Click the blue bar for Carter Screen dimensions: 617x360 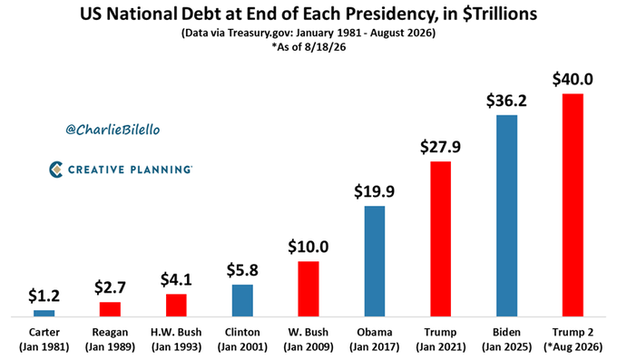click(x=44, y=313)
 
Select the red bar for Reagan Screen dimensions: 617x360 click(x=110, y=309)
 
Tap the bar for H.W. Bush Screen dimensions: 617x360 click(x=176, y=305)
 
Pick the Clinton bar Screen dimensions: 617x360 click(x=242, y=300)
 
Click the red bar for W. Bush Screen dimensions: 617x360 click(x=308, y=288)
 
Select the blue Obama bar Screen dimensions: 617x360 click(x=375, y=261)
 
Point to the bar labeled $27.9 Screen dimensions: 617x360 click(x=441, y=238)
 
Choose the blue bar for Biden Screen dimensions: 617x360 click(x=507, y=216)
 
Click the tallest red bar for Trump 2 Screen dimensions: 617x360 click(x=573, y=205)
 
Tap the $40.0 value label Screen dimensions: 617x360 click(x=573, y=80)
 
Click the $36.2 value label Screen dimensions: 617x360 click(x=506, y=102)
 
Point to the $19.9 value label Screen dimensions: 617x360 click(x=374, y=191)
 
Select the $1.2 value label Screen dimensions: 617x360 click(x=44, y=296)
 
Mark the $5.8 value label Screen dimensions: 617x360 click(x=242, y=270)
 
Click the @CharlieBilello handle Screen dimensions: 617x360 click(x=113, y=130)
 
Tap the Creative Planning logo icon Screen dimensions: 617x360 click(x=56, y=170)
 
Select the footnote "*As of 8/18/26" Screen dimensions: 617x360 click(x=308, y=47)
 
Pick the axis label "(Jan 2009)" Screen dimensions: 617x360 click(x=308, y=347)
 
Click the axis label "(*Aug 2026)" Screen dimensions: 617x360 click(x=573, y=347)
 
